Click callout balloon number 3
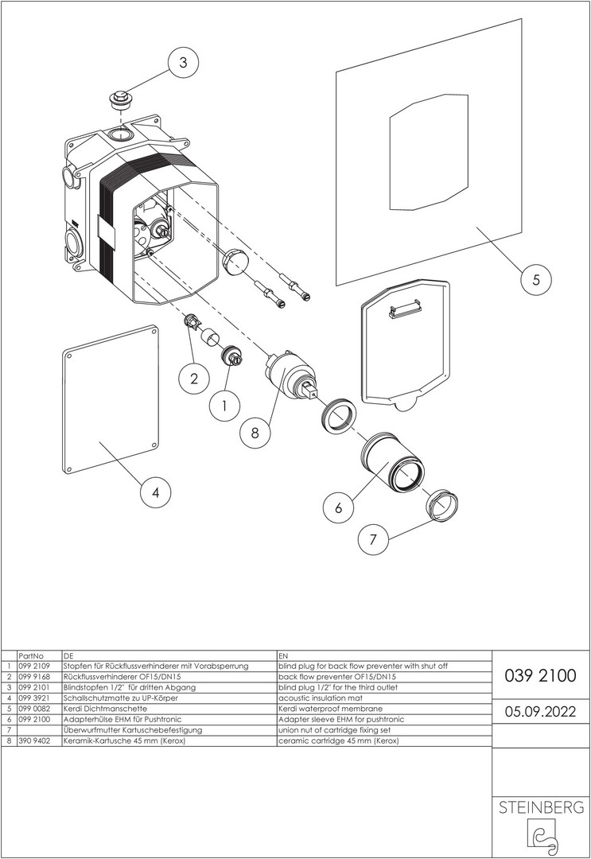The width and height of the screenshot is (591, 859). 183,64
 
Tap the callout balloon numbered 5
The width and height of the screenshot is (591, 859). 536,279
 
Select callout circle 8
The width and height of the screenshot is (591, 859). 255,433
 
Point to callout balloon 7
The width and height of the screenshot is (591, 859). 372,540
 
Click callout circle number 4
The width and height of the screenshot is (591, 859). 156,493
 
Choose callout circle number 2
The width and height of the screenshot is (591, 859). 193,379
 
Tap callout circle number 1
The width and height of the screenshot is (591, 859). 224,406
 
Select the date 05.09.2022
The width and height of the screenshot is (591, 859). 541,711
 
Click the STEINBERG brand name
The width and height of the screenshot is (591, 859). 541,808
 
